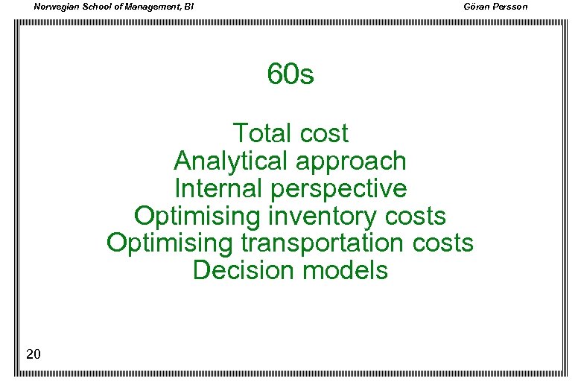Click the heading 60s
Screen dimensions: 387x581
(290, 74)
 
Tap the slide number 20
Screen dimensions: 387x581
(33, 354)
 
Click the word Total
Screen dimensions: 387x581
(261, 134)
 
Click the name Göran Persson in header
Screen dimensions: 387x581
(495, 7)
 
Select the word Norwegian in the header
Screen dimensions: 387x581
(57, 7)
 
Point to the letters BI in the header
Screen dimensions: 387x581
(189, 7)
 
